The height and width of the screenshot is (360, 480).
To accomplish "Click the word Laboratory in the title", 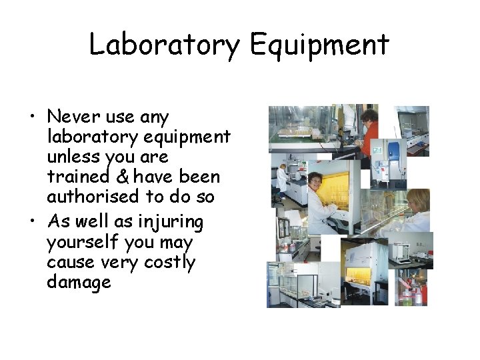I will click(x=165, y=45).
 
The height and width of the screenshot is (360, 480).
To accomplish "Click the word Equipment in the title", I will click(x=319, y=45).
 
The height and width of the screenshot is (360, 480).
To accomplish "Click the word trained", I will click(x=77, y=177).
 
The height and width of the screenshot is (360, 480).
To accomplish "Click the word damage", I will click(x=79, y=282).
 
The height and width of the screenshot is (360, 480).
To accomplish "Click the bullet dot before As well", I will click(x=32, y=223).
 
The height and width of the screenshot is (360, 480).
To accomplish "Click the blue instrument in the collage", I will click(x=395, y=153).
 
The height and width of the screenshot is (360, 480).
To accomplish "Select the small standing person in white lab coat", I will click(x=282, y=179).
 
